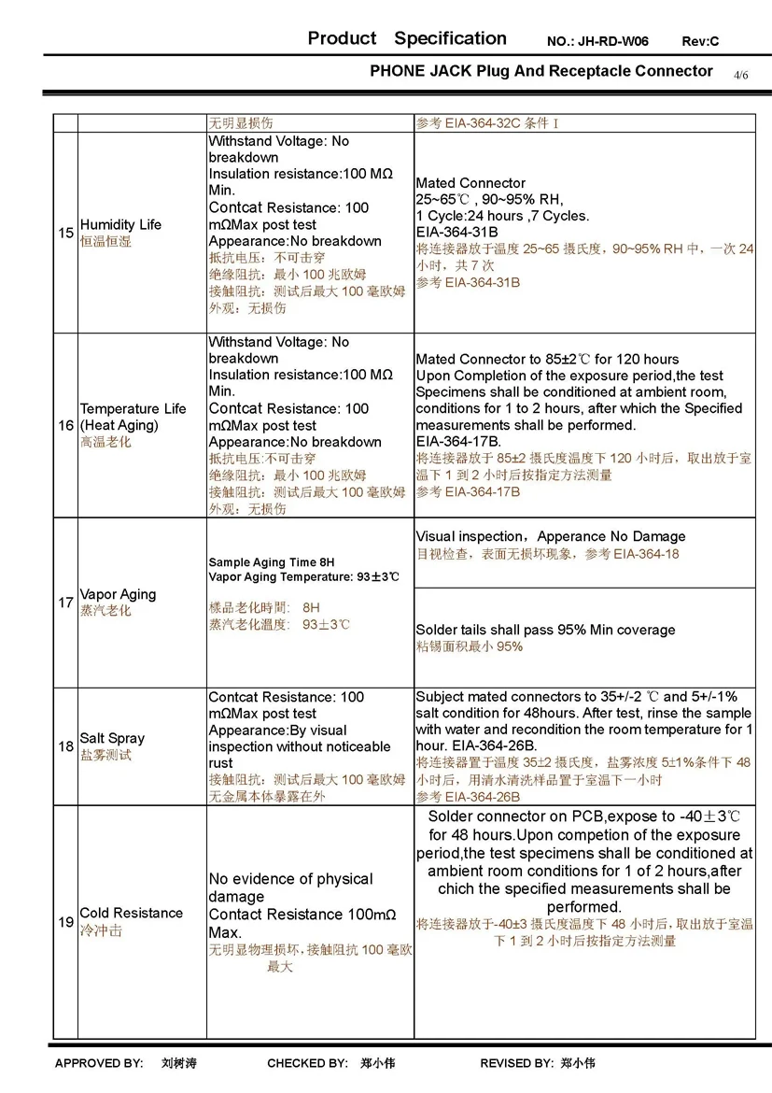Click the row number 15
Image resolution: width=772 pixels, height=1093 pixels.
click(65, 233)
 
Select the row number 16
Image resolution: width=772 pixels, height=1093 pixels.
click(65, 425)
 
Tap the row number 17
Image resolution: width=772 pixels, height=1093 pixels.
click(65, 603)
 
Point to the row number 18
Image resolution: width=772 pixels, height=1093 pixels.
click(65, 746)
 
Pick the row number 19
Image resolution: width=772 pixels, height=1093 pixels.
click(65, 922)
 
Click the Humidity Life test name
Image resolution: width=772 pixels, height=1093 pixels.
click(120, 225)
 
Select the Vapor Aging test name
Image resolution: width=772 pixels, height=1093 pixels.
click(118, 594)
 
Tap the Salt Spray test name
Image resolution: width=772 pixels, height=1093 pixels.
click(112, 738)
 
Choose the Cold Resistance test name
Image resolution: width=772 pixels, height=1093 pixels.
click(131, 913)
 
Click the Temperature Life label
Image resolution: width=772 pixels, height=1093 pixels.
click(133, 408)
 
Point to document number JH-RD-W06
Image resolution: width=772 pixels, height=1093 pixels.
click(611, 42)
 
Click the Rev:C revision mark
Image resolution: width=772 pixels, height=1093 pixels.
click(700, 42)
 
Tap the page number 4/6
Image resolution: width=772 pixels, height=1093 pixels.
click(741, 74)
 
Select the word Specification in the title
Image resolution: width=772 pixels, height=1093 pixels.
click(450, 38)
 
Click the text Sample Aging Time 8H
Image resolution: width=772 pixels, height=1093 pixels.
click(271, 562)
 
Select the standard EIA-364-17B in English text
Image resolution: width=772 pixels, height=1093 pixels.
click(458, 441)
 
